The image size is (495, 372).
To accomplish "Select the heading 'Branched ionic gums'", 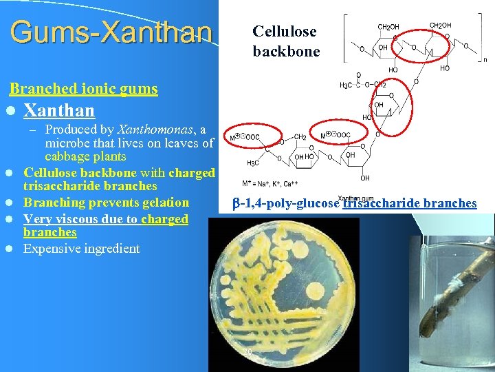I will pos(83,89).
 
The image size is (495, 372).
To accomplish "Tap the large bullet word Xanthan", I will pos(59,110).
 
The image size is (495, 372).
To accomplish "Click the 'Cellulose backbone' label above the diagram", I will pos(285,41).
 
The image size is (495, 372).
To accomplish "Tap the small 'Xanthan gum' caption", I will pos(354,198).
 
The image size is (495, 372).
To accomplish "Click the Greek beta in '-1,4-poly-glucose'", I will pos(234,203).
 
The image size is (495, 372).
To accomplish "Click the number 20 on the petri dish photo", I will pos(247,352).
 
